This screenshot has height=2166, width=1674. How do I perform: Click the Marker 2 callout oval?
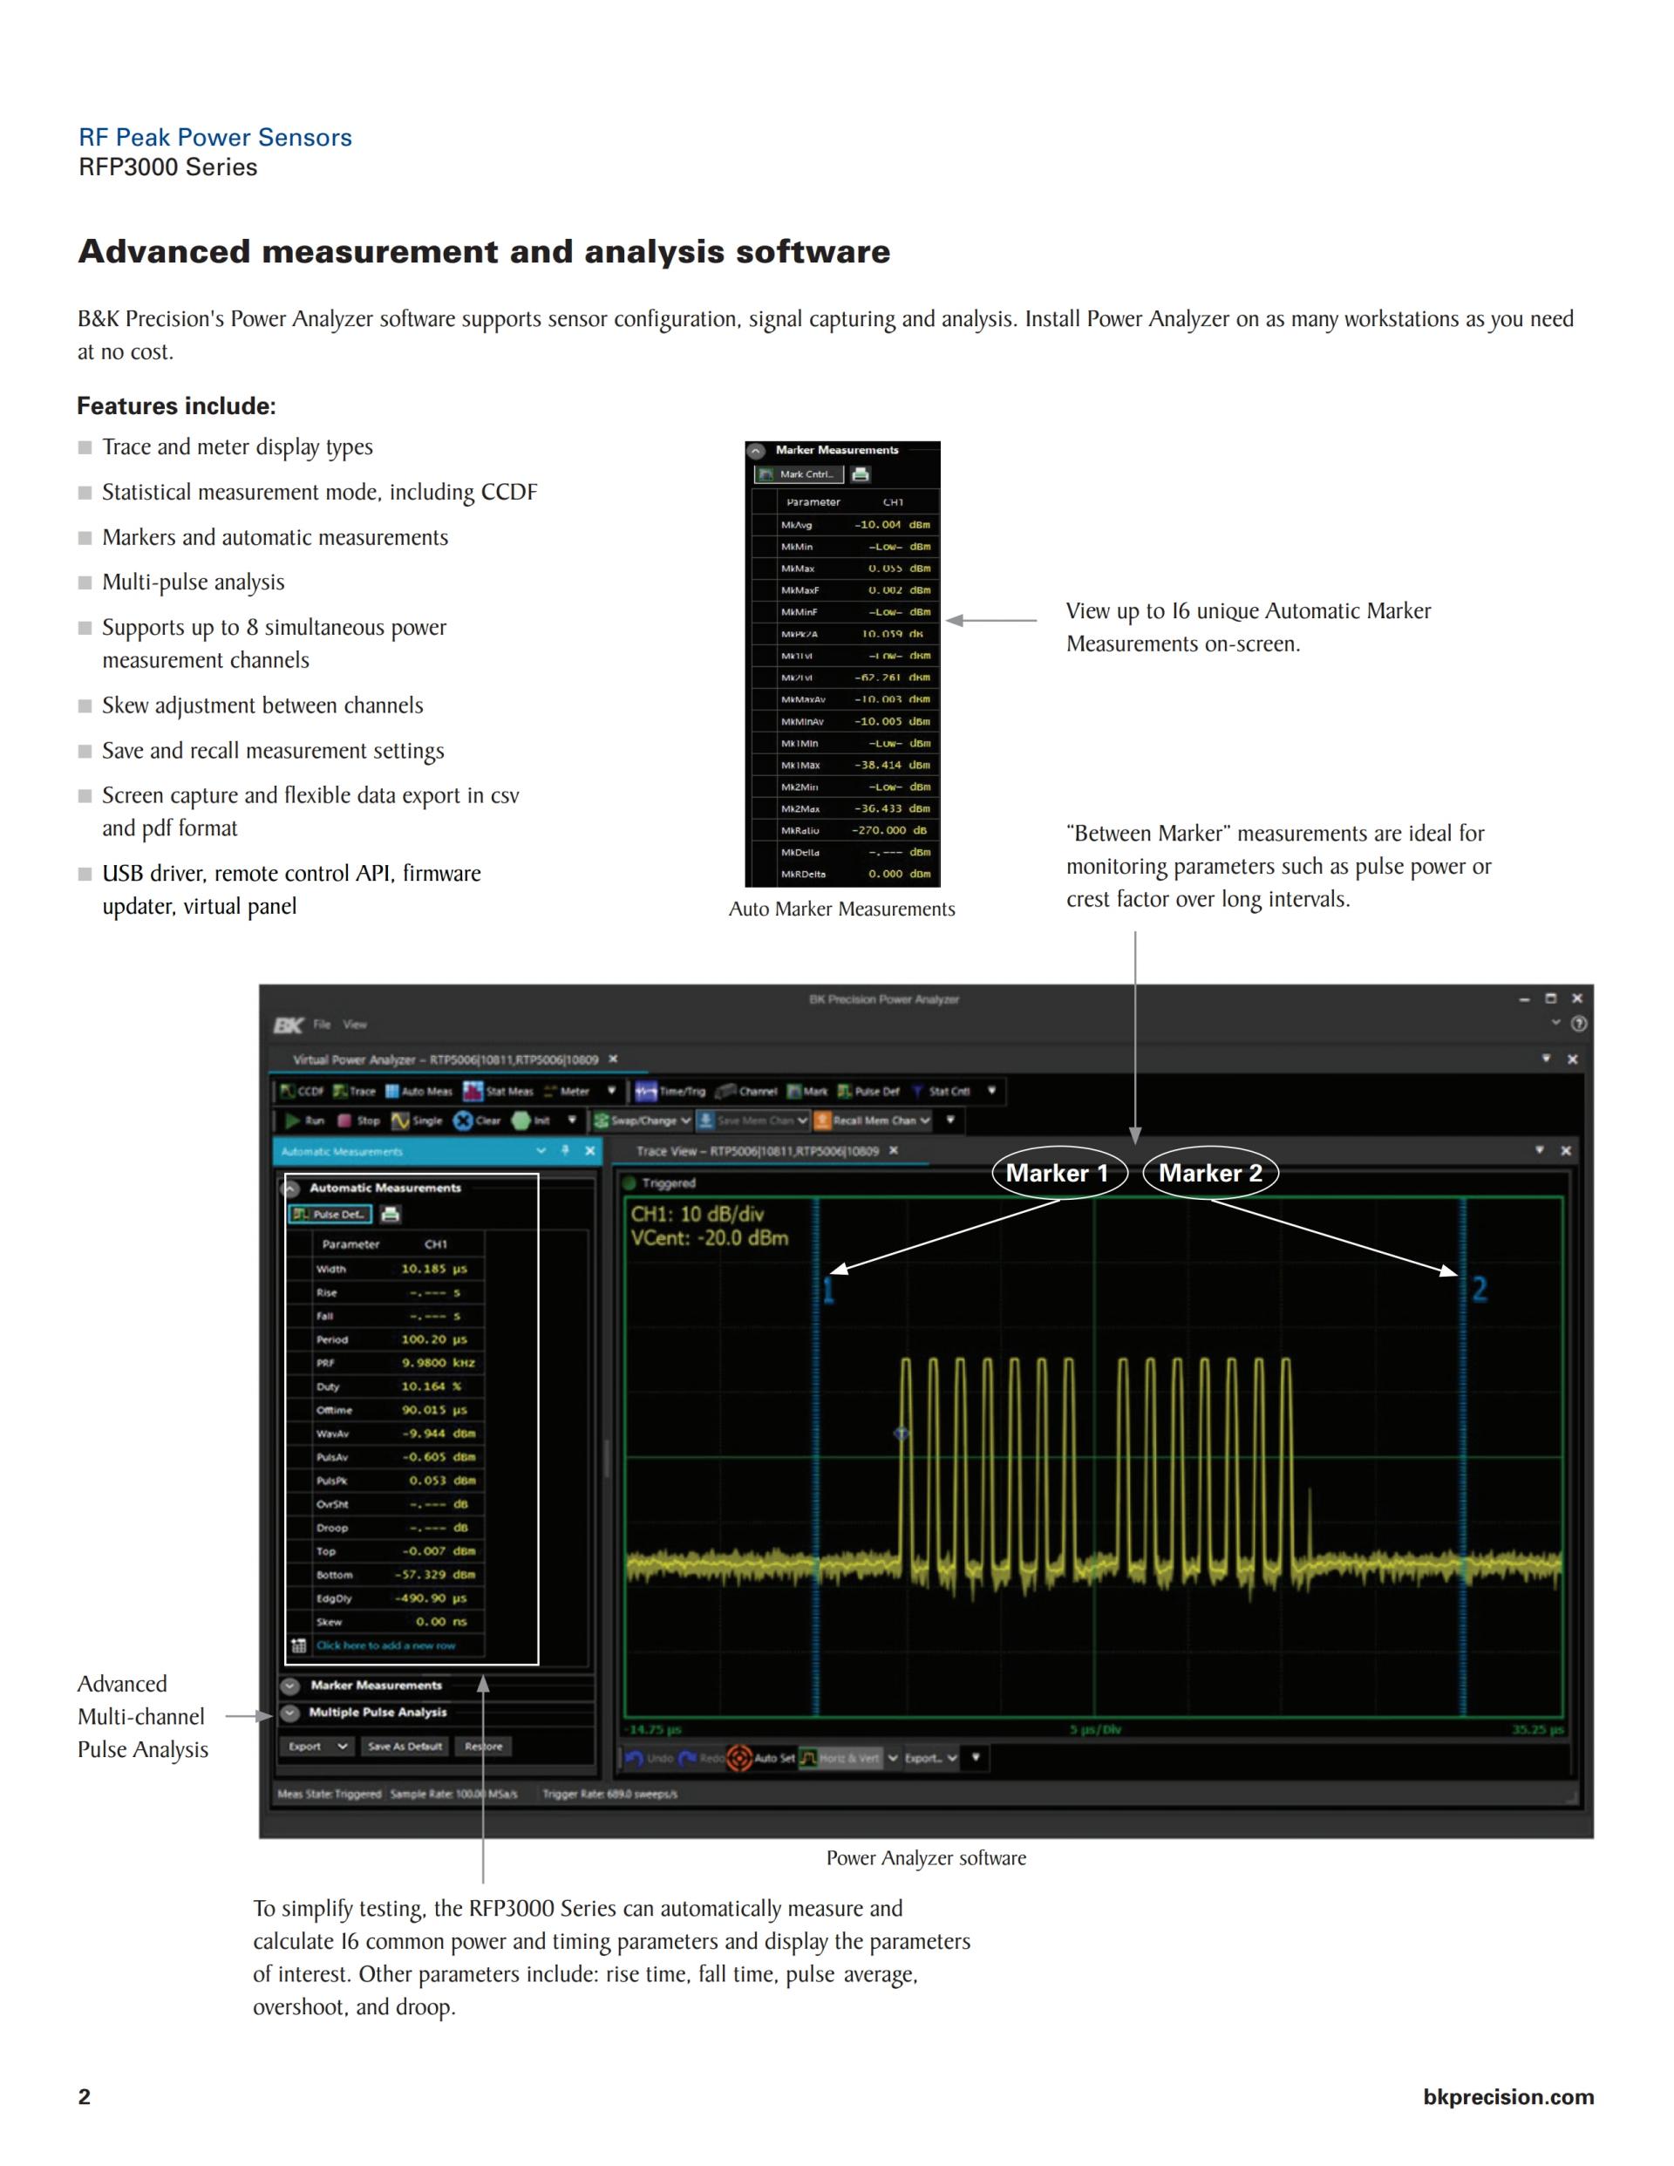tap(1210, 1174)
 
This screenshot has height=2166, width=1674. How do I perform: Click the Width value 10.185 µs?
tap(433, 1269)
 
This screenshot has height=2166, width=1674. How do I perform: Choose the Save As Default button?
tap(405, 1747)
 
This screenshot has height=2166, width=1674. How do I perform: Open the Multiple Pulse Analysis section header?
tap(377, 1712)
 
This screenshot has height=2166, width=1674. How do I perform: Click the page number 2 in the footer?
tap(85, 2095)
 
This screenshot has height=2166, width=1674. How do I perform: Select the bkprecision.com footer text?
tap(1507, 2096)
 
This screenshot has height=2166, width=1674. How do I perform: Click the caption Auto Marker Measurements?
tap(841, 909)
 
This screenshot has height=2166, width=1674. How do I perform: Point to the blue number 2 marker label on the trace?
tap(1479, 1290)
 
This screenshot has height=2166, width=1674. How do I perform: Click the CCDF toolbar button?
tap(303, 1091)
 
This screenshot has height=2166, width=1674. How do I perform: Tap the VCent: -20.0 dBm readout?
tap(709, 1237)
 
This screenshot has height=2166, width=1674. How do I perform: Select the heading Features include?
tap(176, 405)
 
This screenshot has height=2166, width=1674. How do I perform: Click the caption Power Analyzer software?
tap(925, 1857)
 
